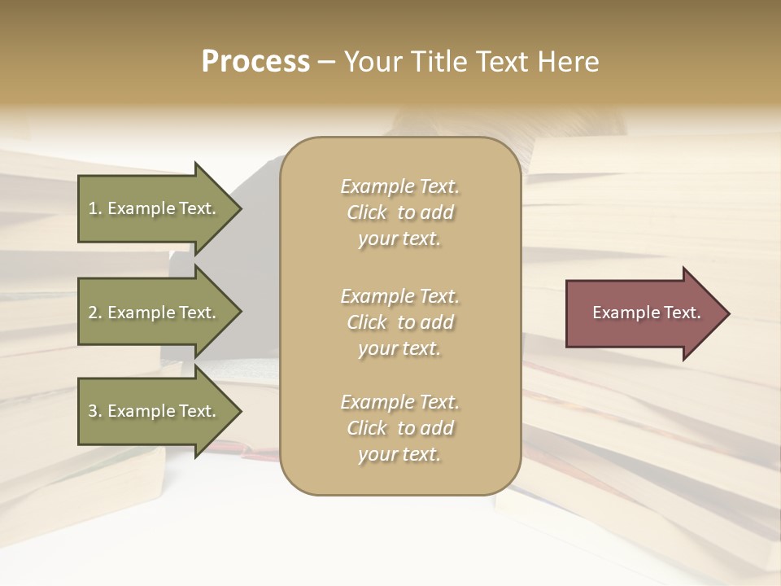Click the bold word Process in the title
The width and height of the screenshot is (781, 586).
click(255, 62)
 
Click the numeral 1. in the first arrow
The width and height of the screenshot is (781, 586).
click(94, 208)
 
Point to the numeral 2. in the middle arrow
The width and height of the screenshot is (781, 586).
click(94, 313)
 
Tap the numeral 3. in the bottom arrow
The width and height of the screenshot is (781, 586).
click(94, 411)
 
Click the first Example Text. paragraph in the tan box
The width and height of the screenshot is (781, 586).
click(399, 212)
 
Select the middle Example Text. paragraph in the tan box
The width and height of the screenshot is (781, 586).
click(399, 322)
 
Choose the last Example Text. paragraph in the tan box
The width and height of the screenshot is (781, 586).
click(399, 428)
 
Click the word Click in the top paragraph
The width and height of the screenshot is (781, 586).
click(367, 213)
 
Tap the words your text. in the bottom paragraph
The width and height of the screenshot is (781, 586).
click(399, 455)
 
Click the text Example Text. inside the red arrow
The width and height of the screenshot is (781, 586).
click(646, 313)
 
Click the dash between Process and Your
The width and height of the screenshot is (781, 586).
click(326, 63)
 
